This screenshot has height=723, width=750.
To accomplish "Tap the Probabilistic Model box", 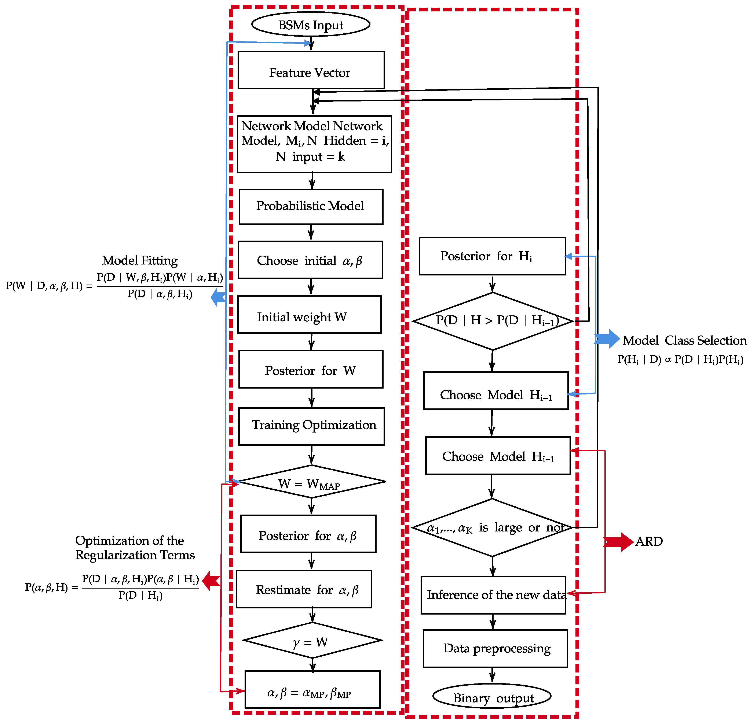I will click(311, 207).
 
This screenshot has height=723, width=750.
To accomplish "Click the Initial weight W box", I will click(309, 315).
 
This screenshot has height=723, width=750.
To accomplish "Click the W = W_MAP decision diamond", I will click(311, 482).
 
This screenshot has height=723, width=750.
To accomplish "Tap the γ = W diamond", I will click(312, 640).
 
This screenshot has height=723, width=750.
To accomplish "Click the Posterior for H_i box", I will click(492, 256).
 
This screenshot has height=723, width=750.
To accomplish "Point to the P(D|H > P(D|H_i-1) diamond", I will click(493, 321).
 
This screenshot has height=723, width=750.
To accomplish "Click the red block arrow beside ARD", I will click(618, 542).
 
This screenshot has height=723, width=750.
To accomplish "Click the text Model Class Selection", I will click(684, 340).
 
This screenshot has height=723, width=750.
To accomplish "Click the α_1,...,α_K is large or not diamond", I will click(492, 528).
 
